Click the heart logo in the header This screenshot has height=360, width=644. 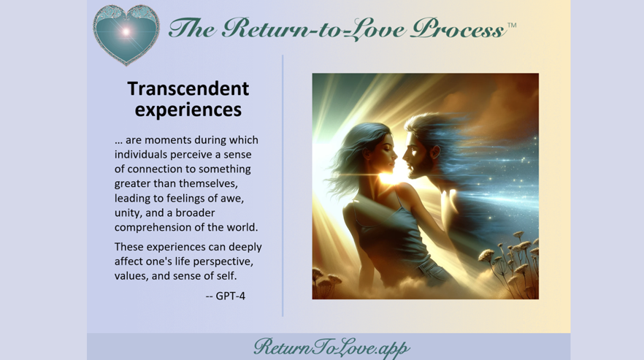(x=126, y=34)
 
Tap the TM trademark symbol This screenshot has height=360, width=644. (x=512, y=25)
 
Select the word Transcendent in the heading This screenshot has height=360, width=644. (x=188, y=88)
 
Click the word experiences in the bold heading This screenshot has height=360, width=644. (x=188, y=110)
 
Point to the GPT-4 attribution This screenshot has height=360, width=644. (x=226, y=296)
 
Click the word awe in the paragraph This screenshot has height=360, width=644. (x=234, y=199)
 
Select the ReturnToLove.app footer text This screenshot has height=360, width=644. (x=331, y=348)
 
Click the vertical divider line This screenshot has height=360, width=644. (x=283, y=185)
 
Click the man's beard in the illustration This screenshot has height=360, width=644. (x=419, y=166)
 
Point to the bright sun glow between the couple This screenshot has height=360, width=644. (x=389, y=177)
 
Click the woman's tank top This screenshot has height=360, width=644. (x=388, y=234)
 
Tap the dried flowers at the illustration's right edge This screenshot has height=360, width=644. (x=511, y=263)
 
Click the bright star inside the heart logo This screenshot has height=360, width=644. (x=126, y=31)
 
